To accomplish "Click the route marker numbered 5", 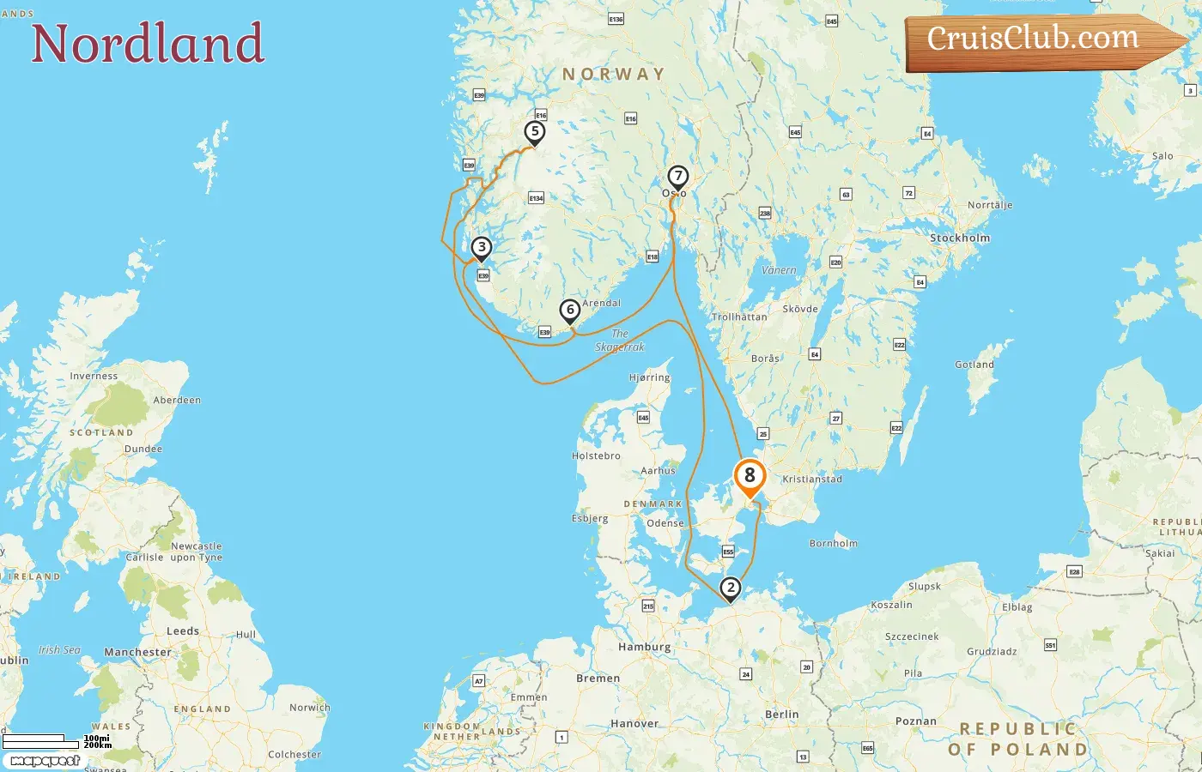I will [535, 132].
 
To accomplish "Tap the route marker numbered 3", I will [482, 248].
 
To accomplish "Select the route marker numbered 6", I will [570, 311].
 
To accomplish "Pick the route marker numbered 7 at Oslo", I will [677, 177].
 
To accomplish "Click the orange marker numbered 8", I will [750, 476].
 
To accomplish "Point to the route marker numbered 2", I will [730, 588].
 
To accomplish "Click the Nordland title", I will [148, 43].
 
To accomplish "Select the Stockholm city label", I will [960, 238].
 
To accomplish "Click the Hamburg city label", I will [644, 647].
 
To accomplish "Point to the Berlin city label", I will [781, 714].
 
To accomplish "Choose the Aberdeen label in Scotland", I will [177, 400].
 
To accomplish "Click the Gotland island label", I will [974, 365].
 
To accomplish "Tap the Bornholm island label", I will [833, 543].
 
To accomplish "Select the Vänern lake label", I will [779, 270].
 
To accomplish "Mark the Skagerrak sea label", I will [620, 341].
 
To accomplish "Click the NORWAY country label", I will [613, 75].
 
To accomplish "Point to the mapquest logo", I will [46, 761].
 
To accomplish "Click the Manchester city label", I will [137, 652].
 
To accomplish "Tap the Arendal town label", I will [601, 303].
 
